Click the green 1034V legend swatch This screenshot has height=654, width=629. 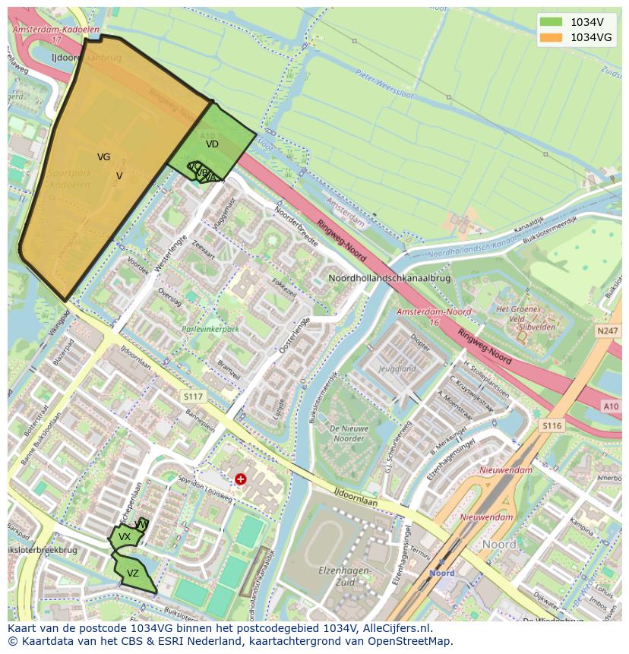click(552, 22)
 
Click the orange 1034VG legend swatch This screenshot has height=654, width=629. click(552, 37)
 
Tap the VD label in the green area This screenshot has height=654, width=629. click(212, 144)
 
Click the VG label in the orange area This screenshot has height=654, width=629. click(103, 157)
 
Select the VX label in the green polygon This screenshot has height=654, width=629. click(125, 537)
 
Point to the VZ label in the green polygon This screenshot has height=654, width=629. click(133, 573)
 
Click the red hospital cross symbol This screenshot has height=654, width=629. click(241, 479)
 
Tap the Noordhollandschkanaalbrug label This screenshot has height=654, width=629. click(389, 279)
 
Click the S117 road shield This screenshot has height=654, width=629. click(193, 397)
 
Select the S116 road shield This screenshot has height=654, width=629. click(552, 426)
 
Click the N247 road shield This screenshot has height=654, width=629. click(607, 331)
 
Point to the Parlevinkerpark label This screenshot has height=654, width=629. click(210, 330)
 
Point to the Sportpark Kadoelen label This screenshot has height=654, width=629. click(70, 179)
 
